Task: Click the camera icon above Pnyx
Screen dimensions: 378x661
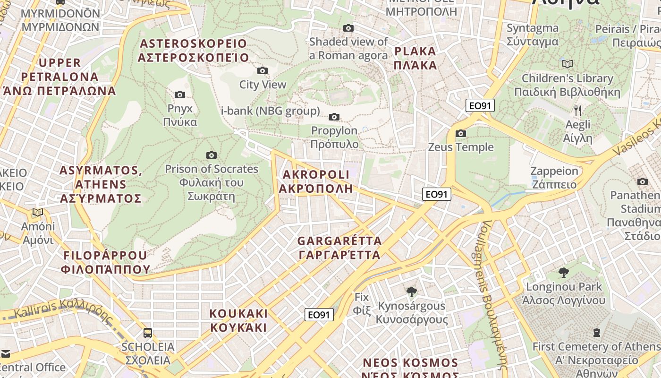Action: [180, 95]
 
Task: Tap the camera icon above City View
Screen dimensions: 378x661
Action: [263, 71]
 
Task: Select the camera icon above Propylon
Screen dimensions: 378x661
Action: [334, 117]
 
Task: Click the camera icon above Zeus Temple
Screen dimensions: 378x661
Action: [461, 134]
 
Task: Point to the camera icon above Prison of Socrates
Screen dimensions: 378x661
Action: [212, 155]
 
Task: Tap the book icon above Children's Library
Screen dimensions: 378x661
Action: [567, 64]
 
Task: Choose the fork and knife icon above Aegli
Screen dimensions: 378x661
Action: [578, 111]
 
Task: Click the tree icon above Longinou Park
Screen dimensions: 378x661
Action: [563, 272]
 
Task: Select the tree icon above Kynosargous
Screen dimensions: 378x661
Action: [412, 292]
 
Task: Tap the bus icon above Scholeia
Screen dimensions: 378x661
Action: [148, 333]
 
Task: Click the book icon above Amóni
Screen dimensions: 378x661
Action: [38, 213]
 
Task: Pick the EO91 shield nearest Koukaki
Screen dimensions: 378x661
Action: [319, 315]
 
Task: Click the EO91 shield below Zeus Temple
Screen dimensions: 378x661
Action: [437, 194]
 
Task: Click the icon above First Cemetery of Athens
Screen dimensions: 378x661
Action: [597, 333]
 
